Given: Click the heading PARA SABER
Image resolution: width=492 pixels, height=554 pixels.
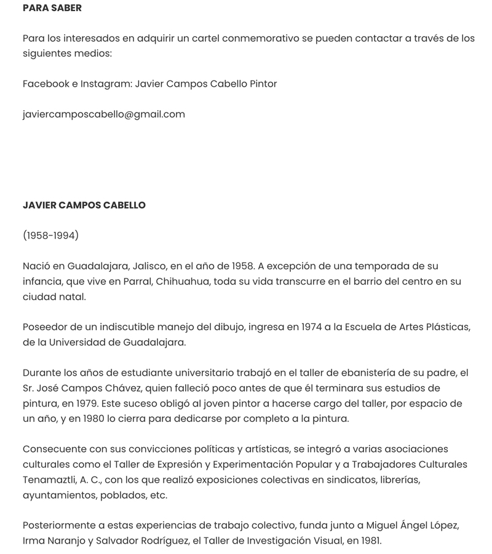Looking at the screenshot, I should tap(52, 8).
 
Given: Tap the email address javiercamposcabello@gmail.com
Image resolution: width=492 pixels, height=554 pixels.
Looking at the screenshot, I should tap(103, 114).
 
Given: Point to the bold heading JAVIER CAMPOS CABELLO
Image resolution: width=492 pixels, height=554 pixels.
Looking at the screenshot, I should tap(84, 205).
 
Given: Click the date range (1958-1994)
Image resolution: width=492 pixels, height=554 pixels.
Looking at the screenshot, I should tap(50, 235).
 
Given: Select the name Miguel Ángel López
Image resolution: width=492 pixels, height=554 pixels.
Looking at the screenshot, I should tap(413, 525).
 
